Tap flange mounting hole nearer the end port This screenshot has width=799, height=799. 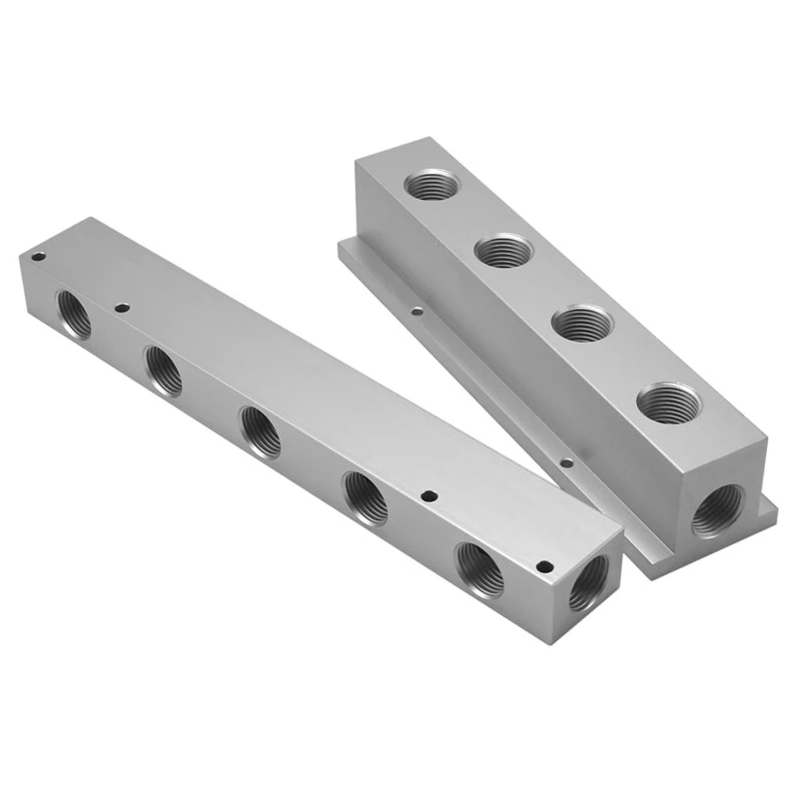(x=565, y=463)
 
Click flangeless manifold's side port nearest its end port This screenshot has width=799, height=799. (x=479, y=568)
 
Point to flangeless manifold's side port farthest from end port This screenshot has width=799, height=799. (x=73, y=313)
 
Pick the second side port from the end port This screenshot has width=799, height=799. (x=366, y=495)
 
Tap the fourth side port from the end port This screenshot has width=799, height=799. (x=164, y=370)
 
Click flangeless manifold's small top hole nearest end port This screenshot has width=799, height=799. (x=543, y=566)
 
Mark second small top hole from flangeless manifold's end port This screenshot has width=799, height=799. (x=428, y=495)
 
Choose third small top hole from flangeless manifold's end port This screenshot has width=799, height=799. (x=122, y=308)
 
